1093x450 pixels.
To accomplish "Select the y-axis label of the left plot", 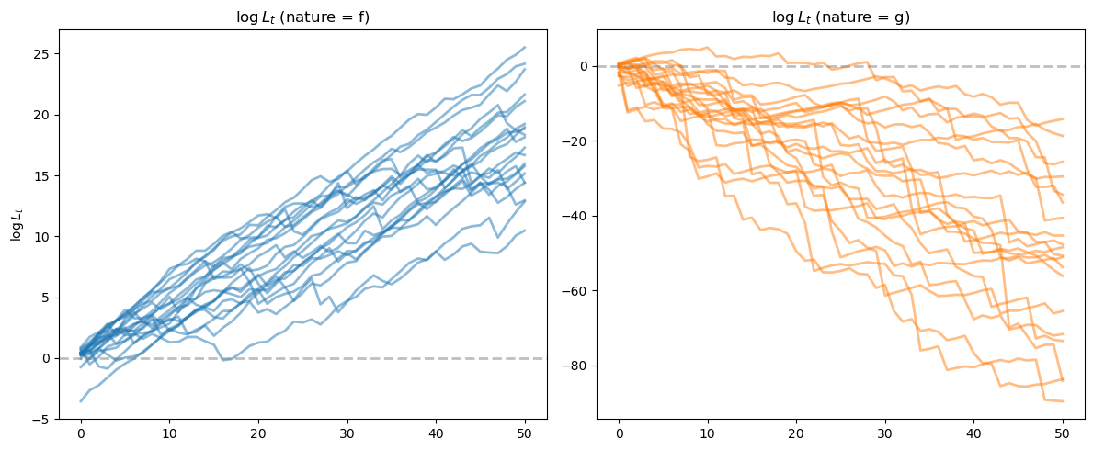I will tap(16, 224).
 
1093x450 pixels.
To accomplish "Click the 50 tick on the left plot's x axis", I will tap(525, 432).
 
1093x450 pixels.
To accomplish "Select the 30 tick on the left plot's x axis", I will tap(347, 432).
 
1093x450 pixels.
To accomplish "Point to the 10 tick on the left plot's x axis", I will tap(170, 432).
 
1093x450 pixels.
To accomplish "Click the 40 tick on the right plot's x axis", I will tap(974, 432).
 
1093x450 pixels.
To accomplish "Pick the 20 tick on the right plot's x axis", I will tap(796, 432).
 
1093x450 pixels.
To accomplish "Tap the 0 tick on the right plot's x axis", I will tap(619, 432).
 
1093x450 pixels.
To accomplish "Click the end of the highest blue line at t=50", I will tap(525, 47).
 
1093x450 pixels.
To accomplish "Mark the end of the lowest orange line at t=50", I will tap(1063, 401).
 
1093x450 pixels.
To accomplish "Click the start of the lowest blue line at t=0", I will tap(81, 400).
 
